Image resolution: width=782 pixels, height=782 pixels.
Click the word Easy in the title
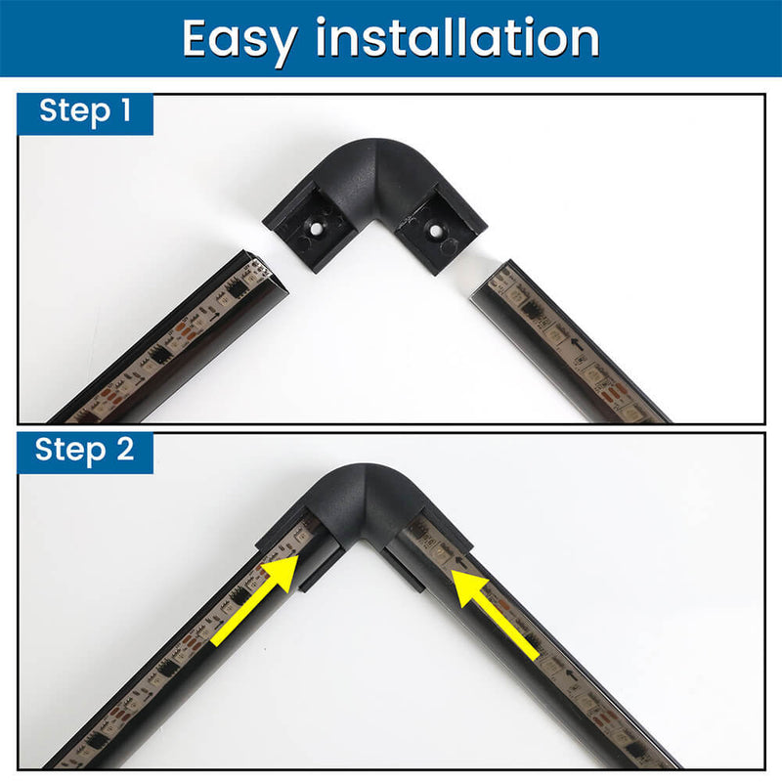pyautogui.click(x=240, y=40)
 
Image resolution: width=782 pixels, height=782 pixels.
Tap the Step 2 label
pyautogui.click(x=85, y=451)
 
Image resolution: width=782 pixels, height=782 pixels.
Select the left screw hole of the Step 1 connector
pyautogui.click(x=316, y=229)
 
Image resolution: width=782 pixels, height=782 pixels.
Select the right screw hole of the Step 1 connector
pyautogui.click(x=435, y=231)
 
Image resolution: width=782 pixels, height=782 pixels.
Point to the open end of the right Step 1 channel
pyautogui.click(x=492, y=280)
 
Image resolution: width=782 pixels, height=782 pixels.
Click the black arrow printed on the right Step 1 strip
pyautogui.click(x=577, y=343)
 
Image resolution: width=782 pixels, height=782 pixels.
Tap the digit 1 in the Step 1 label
pyautogui.click(x=126, y=109)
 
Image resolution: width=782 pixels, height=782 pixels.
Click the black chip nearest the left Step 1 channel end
pyautogui.click(x=234, y=289)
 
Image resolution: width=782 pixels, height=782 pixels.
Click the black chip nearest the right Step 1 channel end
pyautogui.click(x=531, y=311)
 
